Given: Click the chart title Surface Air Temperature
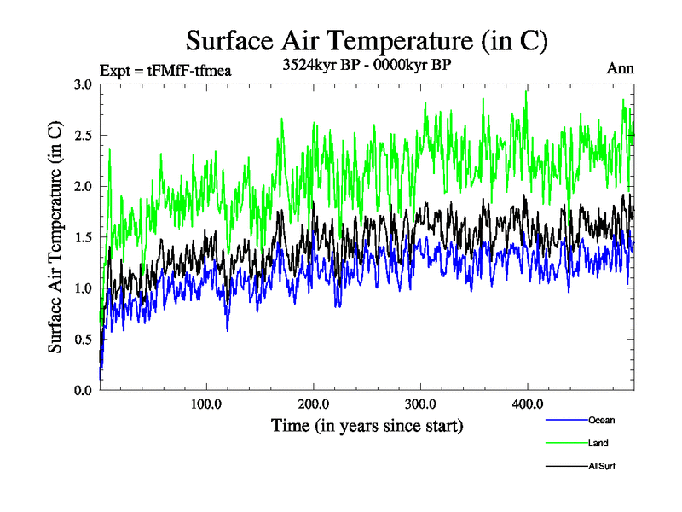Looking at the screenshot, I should [x=367, y=40].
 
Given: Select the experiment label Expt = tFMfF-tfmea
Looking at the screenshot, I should [x=165, y=71].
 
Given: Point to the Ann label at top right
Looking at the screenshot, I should [x=621, y=69].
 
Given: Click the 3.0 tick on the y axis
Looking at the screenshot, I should [x=83, y=84].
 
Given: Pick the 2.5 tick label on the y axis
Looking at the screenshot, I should [x=83, y=136].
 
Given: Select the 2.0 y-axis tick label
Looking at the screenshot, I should [x=83, y=186].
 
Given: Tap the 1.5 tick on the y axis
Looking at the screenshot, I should [x=83, y=237].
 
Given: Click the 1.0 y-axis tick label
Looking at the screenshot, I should [x=83, y=288].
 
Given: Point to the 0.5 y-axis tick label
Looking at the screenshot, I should [x=83, y=339].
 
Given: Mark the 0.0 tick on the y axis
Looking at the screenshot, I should [x=83, y=390].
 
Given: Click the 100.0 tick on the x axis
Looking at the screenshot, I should [x=207, y=404].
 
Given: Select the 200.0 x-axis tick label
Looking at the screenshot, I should [x=314, y=404].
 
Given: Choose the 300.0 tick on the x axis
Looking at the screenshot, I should [x=421, y=404].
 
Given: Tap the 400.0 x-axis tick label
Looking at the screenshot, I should [x=528, y=404].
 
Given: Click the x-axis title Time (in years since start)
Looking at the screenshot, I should [x=367, y=425].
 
